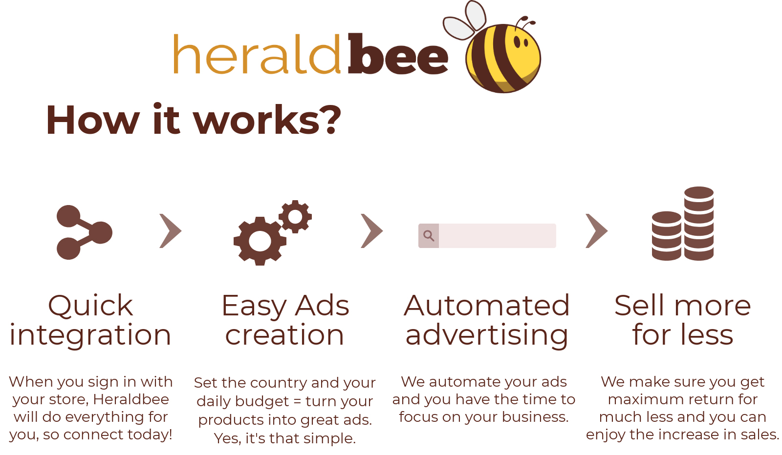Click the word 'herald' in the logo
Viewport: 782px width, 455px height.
[x=257, y=54]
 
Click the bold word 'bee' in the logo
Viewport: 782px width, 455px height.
[x=398, y=54]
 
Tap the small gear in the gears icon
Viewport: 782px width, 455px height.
[x=295, y=217]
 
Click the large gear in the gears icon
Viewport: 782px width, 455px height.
[x=260, y=241]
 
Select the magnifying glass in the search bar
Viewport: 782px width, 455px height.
[x=429, y=236]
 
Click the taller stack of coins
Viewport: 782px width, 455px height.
[x=699, y=224]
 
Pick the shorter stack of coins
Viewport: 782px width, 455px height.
[x=667, y=236]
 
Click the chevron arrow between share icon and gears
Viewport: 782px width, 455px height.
[x=171, y=231]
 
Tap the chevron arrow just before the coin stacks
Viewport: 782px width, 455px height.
[x=597, y=231]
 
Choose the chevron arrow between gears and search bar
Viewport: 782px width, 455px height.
[x=372, y=231]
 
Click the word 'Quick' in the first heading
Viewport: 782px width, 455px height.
[x=91, y=306]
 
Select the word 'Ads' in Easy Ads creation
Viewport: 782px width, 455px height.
[x=322, y=306]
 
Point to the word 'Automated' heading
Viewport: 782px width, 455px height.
[x=487, y=306]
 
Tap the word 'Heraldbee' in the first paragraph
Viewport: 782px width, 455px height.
[x=131, y=399]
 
